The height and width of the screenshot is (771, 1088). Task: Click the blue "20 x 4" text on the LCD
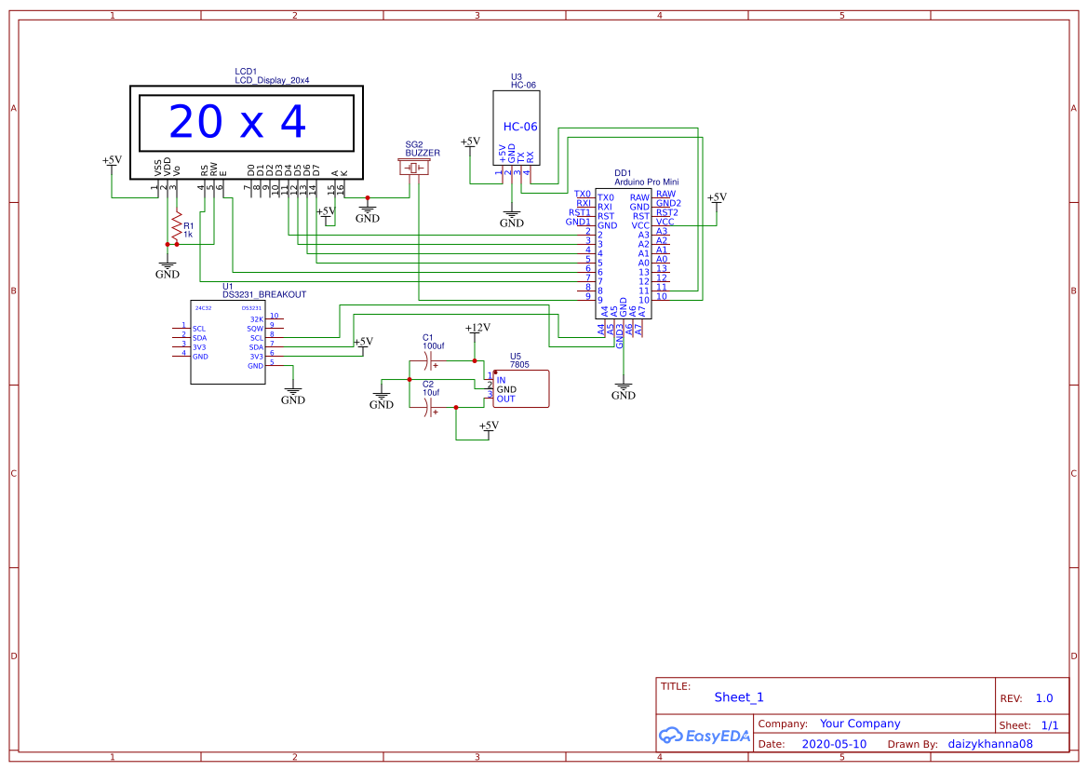point(237,122)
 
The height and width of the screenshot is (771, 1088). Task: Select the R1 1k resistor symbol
point(176,224)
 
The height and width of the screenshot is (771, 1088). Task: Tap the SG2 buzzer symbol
point(414,169)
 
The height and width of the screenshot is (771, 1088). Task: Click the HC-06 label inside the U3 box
point(520,127)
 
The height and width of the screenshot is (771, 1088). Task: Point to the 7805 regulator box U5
point(520,389)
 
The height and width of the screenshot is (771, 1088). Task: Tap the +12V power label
point(477,328)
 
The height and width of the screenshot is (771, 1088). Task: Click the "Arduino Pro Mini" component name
point(646,183)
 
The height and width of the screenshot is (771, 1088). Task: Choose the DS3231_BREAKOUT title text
point(264,294)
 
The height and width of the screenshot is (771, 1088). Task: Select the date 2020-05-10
point(833,744)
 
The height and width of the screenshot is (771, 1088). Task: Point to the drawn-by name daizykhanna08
point(990,744)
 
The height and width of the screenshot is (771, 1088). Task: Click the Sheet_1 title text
point(739,697)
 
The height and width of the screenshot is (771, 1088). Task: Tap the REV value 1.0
point(1043,698)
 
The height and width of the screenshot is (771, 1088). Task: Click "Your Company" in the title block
point(859,724)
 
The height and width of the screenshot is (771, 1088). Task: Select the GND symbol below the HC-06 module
point(512,222)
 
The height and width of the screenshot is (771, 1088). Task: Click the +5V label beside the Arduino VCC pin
point(716,197)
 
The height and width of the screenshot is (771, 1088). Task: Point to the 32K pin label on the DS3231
point(257,319)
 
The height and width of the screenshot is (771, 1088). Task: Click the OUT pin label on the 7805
point(505,399)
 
